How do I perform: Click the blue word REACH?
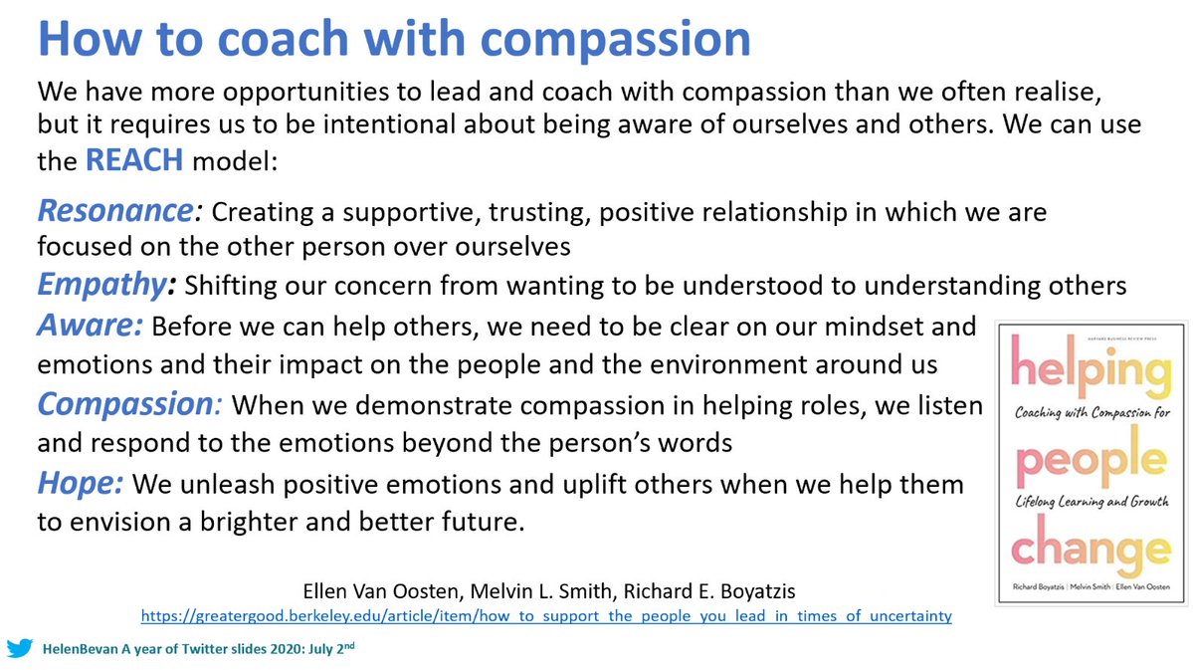134,160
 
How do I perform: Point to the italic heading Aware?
90,326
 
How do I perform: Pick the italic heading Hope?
80,484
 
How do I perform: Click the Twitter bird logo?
20,648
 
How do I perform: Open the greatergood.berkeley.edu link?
546,615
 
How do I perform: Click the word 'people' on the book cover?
1091,458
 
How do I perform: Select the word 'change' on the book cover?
1091,548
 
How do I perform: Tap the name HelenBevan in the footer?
80,649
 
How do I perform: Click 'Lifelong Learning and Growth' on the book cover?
1092,502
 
